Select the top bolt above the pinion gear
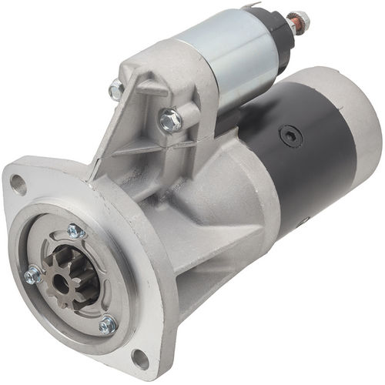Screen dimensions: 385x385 [x=75, y=230]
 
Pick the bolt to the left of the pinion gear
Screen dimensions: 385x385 [x=32, y=274]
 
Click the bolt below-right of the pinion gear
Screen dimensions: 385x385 [x=107, y=325]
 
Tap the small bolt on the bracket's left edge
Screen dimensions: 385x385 [x=116, y=90]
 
